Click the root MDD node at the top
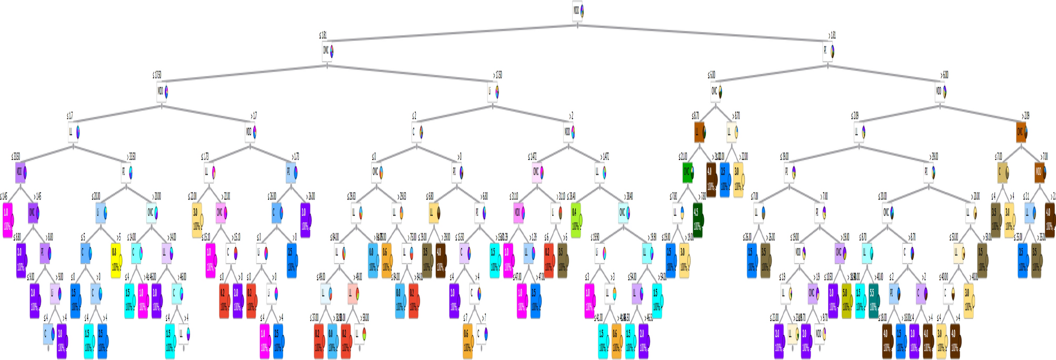point(577,11)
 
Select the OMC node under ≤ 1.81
point(326,52)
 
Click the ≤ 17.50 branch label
point(157,75)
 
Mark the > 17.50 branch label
point(497,75)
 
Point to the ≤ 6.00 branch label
point(712,75)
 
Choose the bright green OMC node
point(687,172)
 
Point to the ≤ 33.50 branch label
point(16,156)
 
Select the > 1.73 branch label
point(295,156)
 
